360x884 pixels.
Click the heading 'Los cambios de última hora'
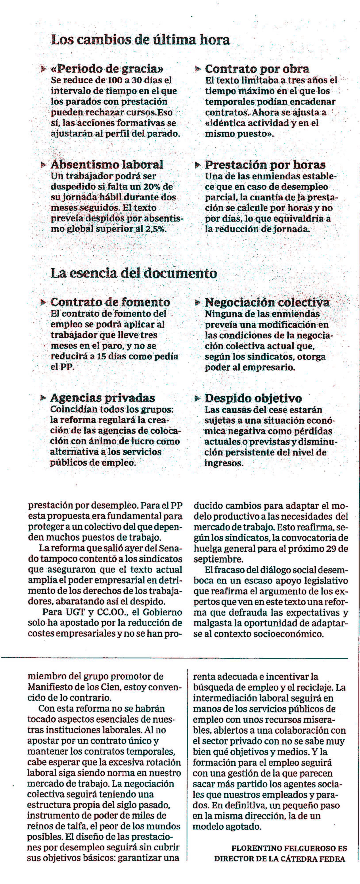coord(140,40)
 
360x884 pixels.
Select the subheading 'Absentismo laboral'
coord(107,165)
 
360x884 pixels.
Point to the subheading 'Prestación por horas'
coord(265,165)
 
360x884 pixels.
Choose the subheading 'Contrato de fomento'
coord(110,302)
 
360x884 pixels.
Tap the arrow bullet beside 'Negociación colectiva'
coord(197,303)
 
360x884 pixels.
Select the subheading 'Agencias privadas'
coord(103,398)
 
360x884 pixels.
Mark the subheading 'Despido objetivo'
coord(253,398)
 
